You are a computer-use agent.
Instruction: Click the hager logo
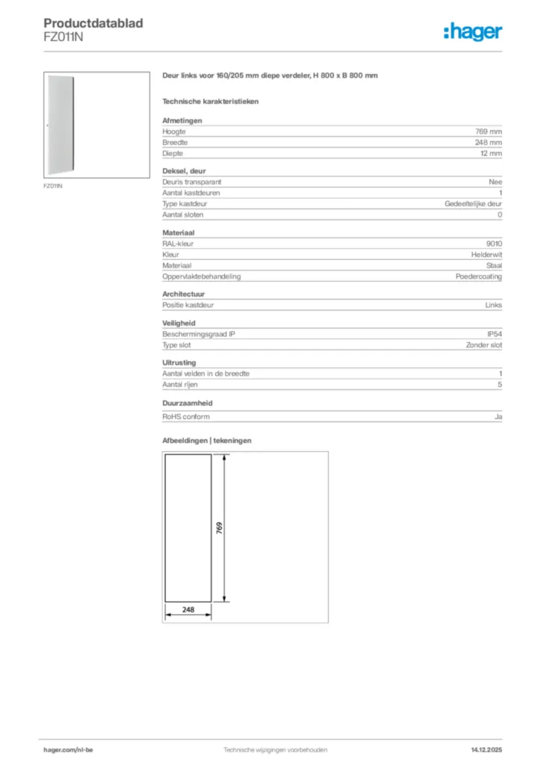(473, 31)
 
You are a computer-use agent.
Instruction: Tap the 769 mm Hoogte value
(489, 131)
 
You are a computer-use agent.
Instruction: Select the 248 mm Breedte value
(489, 142)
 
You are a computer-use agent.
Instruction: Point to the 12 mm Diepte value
(491, 153)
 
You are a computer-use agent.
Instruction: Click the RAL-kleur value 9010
(494, 244)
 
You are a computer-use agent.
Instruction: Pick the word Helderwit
(486, 255)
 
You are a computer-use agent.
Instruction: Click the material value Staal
(494, 265)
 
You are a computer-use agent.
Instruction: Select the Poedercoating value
(479, 276)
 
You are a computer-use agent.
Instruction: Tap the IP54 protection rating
(495, 334)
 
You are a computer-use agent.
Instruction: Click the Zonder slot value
(483, 345)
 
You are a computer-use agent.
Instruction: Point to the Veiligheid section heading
(179, 323)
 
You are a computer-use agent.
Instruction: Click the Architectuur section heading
(183, 294)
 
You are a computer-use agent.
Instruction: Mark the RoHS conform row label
(186, 417)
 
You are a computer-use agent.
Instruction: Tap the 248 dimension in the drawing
(188, 610)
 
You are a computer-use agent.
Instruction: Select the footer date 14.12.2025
(486, 749)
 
